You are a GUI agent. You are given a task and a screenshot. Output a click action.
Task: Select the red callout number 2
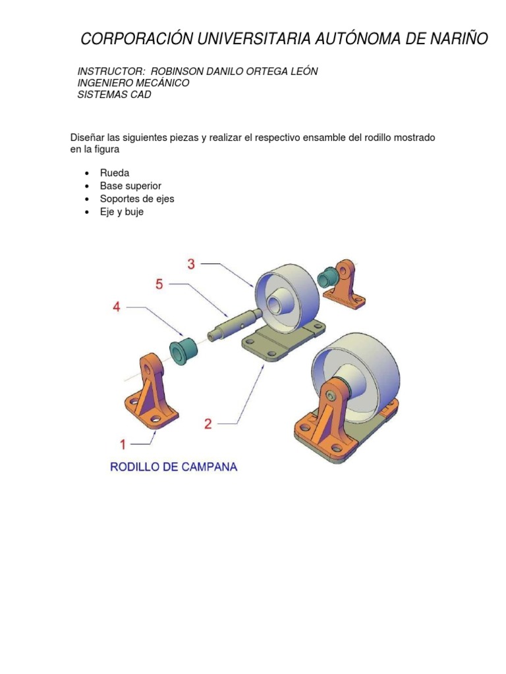click(x=208, y=423)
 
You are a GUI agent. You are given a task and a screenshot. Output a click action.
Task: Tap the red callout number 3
click(x=191, y=264)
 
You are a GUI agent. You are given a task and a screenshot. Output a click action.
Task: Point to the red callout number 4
click(x=117, y=307)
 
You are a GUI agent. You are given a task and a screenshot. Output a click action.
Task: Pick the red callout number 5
click(x=159, y=284)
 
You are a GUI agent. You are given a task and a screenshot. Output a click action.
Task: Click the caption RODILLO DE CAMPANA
click(x=173, y=467)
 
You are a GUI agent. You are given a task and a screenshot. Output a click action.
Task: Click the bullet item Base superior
click(x=130, y=186)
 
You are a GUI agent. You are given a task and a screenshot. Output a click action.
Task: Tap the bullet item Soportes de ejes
click(x=137, y=199)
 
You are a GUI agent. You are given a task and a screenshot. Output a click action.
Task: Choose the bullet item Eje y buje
click(x=122, y=212)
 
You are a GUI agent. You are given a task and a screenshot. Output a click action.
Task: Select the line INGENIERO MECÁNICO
click(x=133, y=83)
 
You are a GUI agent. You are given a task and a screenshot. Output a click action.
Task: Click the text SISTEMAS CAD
click(x=114, y=95)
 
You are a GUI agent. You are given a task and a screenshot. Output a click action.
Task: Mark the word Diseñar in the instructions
click(x=88, y=138)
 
